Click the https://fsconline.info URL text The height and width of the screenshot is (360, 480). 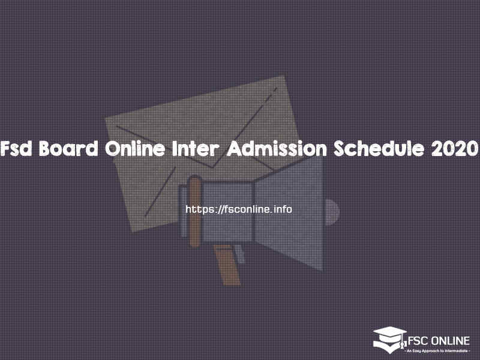point(239,209)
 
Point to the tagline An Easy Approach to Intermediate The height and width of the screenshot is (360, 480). point(437,349)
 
